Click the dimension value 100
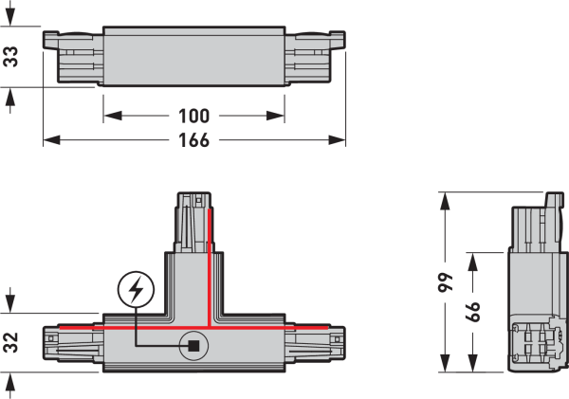[x=194, y=117]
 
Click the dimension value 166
[x=194, y=140]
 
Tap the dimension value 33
[x=10, y=58]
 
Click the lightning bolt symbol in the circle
[x=136, y=289]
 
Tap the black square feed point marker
[x=193, y=346]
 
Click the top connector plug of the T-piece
[x=193, y=221]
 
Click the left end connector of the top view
[x=73, y=57]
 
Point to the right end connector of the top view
[x=314, y=57]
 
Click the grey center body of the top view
[x=193, y=57]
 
